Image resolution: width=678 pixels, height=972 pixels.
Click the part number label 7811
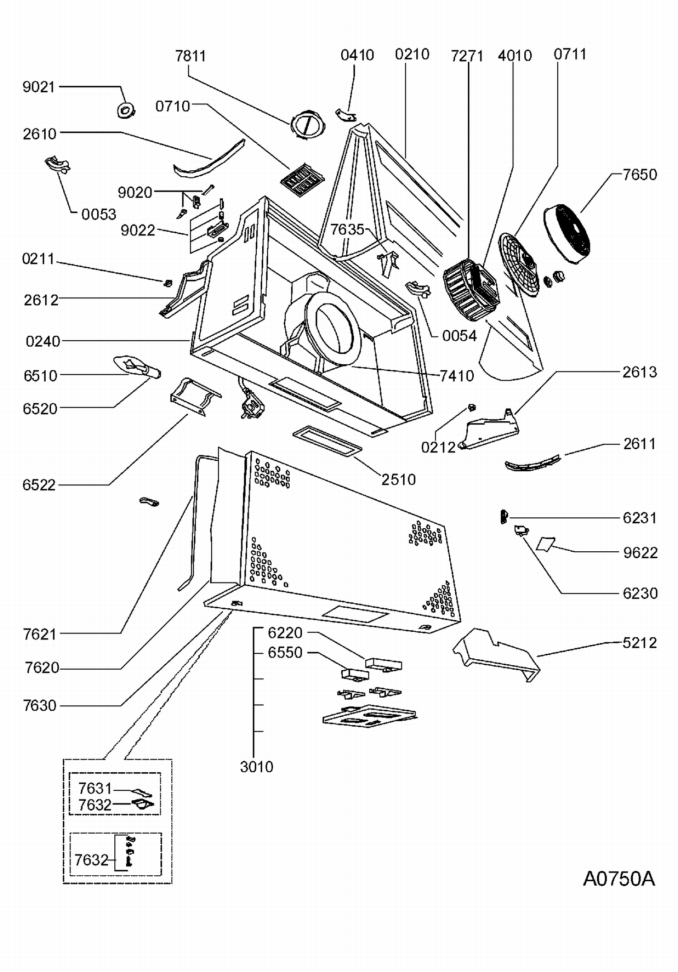click(190, 56)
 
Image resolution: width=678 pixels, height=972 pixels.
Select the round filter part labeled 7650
click(567, 234)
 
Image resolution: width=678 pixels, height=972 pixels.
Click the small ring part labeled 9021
click(126, 109)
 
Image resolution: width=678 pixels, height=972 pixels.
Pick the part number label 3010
click(257, 766)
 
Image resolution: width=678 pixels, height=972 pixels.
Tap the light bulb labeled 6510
click(136, 366)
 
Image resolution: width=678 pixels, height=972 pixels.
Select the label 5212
click(640, 643)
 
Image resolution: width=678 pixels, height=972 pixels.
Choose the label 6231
click(640, 518)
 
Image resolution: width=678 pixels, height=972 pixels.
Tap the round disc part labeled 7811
click(307, 124)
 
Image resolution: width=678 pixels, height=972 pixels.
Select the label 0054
click(459, 336)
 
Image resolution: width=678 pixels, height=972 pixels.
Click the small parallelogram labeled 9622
click(546, 544)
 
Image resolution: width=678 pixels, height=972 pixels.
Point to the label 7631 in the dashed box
click(95, 789)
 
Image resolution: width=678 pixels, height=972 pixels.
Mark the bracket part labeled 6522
click(195, 397)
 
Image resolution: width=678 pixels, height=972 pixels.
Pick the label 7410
click(457, 376)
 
